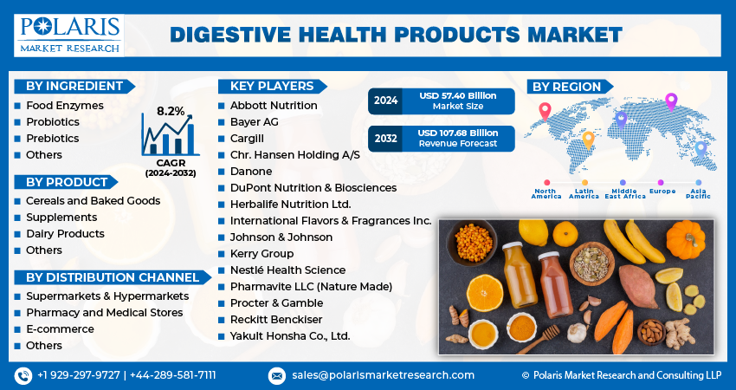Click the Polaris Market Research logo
tap(68, 34)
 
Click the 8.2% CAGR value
tap(171, 111)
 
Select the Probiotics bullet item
tap(52, 122)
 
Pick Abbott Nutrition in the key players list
tap(274, 106)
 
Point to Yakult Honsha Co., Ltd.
tap(290, 336)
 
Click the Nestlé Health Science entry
tap(287, 270)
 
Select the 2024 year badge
tap(385, 101)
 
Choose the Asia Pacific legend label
tap(700, 192)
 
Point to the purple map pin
tap(670, 101)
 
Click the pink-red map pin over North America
tap(545, 111)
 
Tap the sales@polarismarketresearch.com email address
tap(382, 375)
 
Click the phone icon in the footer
tap(23, 375)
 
